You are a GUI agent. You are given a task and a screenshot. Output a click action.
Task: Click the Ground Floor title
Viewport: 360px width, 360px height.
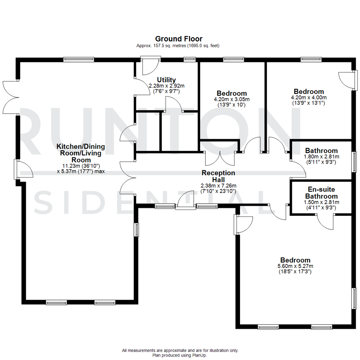(178, 39)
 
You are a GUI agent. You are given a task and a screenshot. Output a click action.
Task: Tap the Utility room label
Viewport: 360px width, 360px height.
(166, 80)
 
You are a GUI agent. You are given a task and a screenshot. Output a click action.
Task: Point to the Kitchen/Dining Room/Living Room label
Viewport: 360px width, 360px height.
(81, 153)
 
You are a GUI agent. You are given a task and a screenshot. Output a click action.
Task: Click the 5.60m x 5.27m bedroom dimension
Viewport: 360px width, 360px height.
(295, 266)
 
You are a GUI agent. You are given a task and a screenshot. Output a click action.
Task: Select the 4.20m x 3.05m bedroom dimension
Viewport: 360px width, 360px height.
(232, 99)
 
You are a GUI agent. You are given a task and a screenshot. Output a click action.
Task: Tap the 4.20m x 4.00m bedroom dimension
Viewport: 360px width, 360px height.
(309, 98)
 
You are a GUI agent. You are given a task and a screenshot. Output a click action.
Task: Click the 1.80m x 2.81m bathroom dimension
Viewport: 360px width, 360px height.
(321, 157)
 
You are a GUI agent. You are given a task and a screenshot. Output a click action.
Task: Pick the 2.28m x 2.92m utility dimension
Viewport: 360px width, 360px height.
(166, 86)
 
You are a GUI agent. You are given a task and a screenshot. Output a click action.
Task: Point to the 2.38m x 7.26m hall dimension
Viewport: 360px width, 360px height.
(218, 186)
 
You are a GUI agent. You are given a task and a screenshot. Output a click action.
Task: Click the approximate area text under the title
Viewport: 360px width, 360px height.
(178, 46)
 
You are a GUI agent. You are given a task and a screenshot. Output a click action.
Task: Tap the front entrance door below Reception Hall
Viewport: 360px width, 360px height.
(186, 201)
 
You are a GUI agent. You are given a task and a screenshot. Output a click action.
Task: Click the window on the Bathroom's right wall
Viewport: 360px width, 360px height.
(354, 162)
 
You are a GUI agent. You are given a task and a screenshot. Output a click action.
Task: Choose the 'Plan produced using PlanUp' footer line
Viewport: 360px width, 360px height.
(180, 355)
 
